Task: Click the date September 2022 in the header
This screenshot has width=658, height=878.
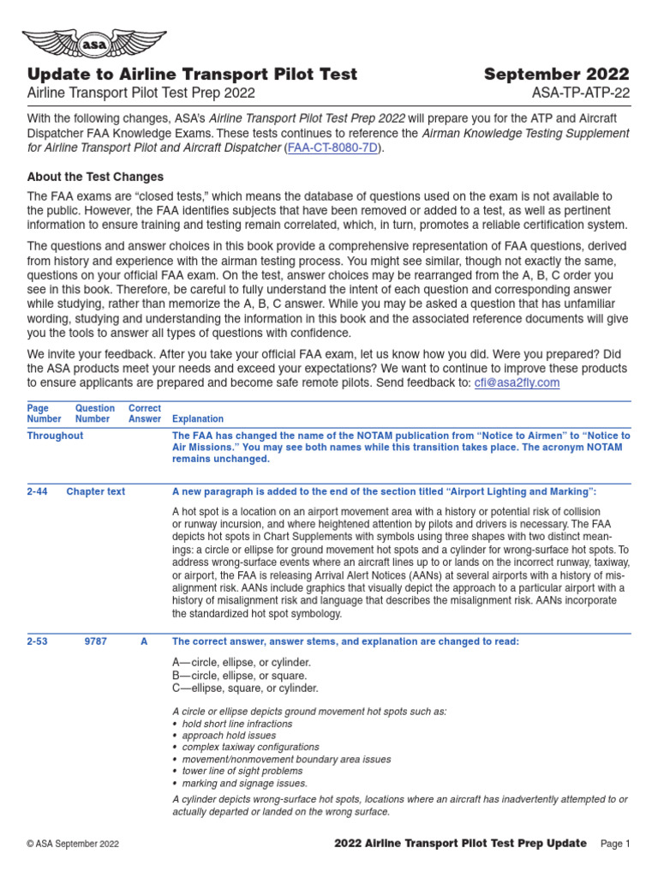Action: (556, 74)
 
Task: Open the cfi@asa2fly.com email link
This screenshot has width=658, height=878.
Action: (517, 382)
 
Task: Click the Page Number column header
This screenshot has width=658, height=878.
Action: (44, 413)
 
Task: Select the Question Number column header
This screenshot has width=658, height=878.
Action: (94, 413)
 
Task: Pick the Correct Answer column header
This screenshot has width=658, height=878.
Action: (145, 413)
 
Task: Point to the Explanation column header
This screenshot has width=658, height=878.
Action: (198, 419)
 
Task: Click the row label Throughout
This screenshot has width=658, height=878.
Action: (55, 436)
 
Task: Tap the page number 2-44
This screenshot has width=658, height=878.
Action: (37, 491)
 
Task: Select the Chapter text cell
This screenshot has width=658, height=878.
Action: (95, 491)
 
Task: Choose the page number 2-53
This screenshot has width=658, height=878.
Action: (37, 641)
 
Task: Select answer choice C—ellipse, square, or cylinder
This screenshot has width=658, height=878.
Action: (245, 688)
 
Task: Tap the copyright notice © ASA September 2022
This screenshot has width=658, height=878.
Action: (73, 845)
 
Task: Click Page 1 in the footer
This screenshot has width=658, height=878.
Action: (615, 845)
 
